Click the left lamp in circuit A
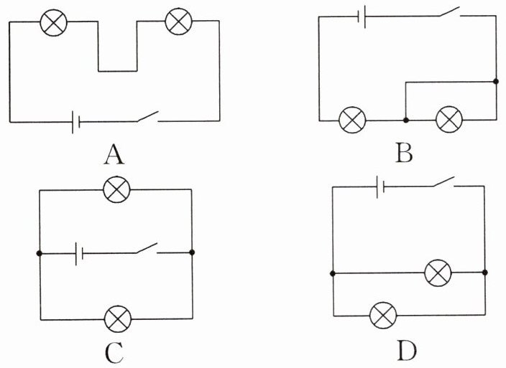tap(54, 22)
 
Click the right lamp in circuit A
tap(178, 22)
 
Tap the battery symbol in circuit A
tap(76, 122)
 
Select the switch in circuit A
tap(148, 116)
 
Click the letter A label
tap(114, 154)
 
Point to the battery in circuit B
tap(362, 16)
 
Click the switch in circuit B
tap(449, 11)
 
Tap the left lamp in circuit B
tap(352, 120)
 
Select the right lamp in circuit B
tap(449, 119)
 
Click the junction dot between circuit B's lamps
tap(406, 120)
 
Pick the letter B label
tap(404, 153)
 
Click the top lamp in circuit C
tap(117, 189)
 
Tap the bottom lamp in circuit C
tap(118, 319)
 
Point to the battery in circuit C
tap(79, 254)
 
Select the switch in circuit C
tap(147, 248)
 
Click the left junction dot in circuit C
tap(40, 253)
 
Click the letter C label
tap(114, 352)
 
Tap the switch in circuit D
tap(444, 181)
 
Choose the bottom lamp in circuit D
tap(383, 315)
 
